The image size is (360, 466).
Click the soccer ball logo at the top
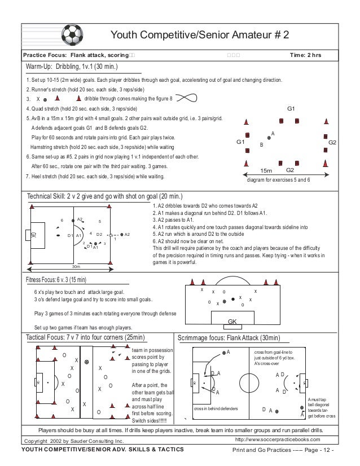pos(71,34)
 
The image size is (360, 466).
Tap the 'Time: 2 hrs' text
pos(305,55)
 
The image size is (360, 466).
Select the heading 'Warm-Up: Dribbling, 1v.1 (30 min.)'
pos(72,67)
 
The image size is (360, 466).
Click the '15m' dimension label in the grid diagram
pos(266,170)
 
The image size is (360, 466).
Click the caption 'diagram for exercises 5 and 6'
pos(283,180)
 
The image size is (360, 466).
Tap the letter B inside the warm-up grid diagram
pos(261,145)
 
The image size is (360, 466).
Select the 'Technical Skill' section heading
pos(105,196)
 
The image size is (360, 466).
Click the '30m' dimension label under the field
pos(75,266)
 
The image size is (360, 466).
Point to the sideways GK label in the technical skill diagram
pos(33,234)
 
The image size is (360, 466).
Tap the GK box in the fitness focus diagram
pos(232,321)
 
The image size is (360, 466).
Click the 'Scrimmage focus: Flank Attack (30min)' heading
pos(229,337)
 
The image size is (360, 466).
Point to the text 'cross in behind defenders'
pos(216,408)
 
